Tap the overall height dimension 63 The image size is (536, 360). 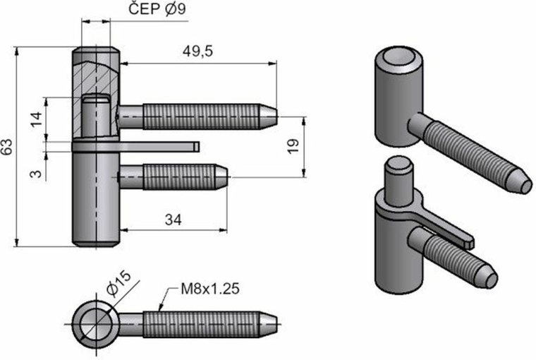point(8,147)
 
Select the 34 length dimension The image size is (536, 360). point(173,220)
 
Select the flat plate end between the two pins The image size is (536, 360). point(195,147)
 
